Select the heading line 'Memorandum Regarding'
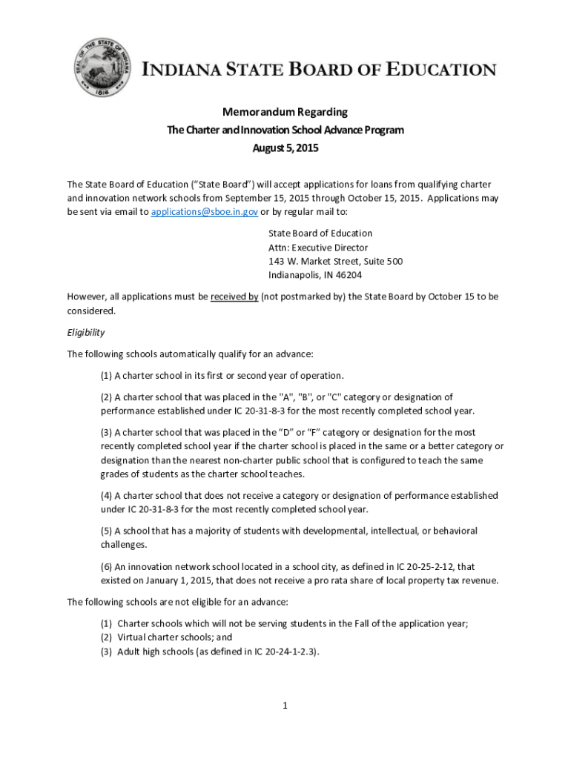pyautogui.click(x=285, y=112)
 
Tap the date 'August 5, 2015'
pyautogui.click(x=285, y=148)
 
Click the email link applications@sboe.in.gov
pyautogui.click(x=205, y=212)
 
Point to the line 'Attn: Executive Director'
pyautogui.click(x=318, y=248)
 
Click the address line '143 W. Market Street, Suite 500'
pyautogui.click(x=335, y=261)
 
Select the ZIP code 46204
pyautogui.click(x=349, y=275)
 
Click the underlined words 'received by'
pyautogui.click(x=234, y=296)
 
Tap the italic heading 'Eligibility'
pyautogui.click(x=86, y=333)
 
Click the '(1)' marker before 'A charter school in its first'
pyautogui.click(x=107, y=375)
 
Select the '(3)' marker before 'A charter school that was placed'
pyautogui.click(x=107, y=432)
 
